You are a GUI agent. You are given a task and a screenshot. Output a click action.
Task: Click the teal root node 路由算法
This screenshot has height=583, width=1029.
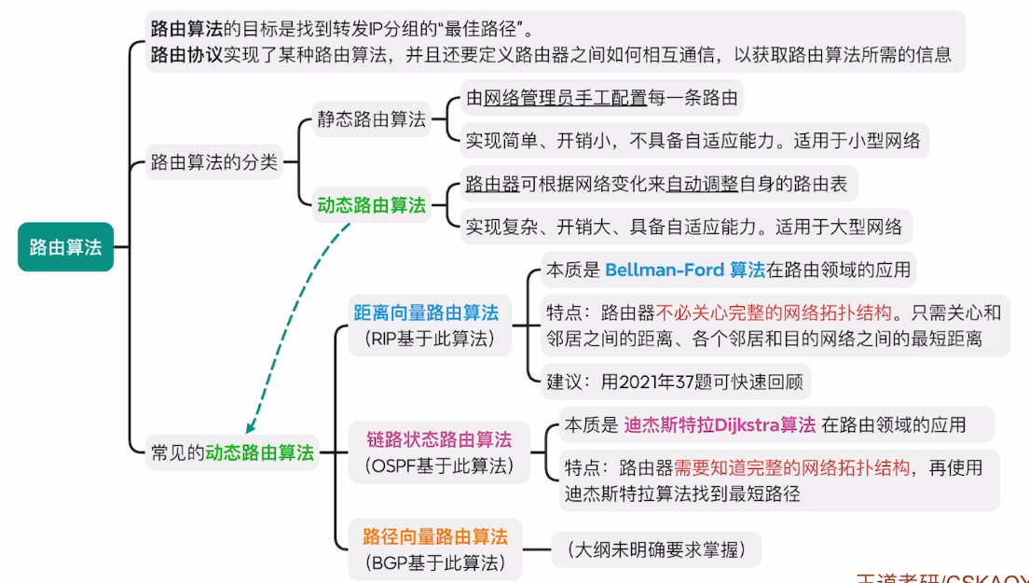pyautogui.click(x=65, y=247)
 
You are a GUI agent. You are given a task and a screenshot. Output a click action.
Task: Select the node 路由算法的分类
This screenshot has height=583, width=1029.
pyautogui.click(x=214, y=162)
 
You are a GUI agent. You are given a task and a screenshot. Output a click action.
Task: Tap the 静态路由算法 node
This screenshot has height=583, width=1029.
pyautogui.click(x=371, y=119)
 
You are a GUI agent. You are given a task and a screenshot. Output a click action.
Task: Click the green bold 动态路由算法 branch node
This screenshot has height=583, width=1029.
pyautogui.click(x=371, y=205)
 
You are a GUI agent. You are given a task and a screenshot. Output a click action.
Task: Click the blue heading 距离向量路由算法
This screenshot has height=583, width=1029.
pyautogui.click(x=425, y=312)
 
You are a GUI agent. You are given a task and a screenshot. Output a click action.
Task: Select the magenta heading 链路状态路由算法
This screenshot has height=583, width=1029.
pyautogui.click(x=438, y=438)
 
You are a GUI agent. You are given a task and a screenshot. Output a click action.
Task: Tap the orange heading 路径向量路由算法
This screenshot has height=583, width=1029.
pyautogui.click(x=435, y=536)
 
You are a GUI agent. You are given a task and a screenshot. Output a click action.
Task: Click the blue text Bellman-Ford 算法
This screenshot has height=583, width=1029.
pyautogui.click(x=685, y=271)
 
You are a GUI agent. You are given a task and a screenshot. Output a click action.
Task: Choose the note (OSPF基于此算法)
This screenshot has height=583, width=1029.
pyautogui.click(x=438, y=465)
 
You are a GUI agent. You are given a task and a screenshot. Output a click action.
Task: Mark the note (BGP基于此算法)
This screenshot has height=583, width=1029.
pyautogui.click(x=435, y=562)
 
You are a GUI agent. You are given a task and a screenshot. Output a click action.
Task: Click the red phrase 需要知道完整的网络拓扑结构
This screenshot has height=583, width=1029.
pyautogui.click(x=792, y=468)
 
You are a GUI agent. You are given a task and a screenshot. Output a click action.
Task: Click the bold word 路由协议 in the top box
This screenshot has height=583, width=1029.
pyautogui.click(x=186, y=54)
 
